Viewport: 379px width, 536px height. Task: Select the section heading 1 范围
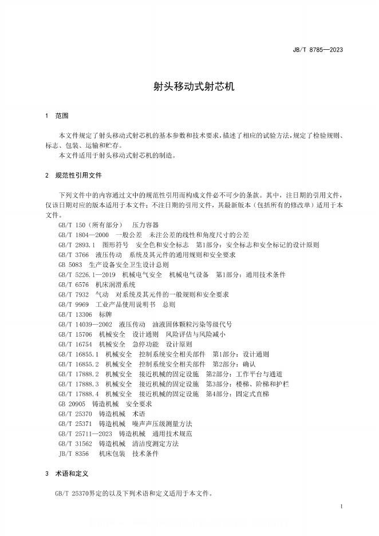57,116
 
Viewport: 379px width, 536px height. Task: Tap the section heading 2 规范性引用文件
74,175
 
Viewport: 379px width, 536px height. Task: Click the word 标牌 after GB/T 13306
106,314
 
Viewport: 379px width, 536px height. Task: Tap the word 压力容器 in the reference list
145,225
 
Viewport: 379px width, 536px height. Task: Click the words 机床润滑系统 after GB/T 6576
116,284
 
